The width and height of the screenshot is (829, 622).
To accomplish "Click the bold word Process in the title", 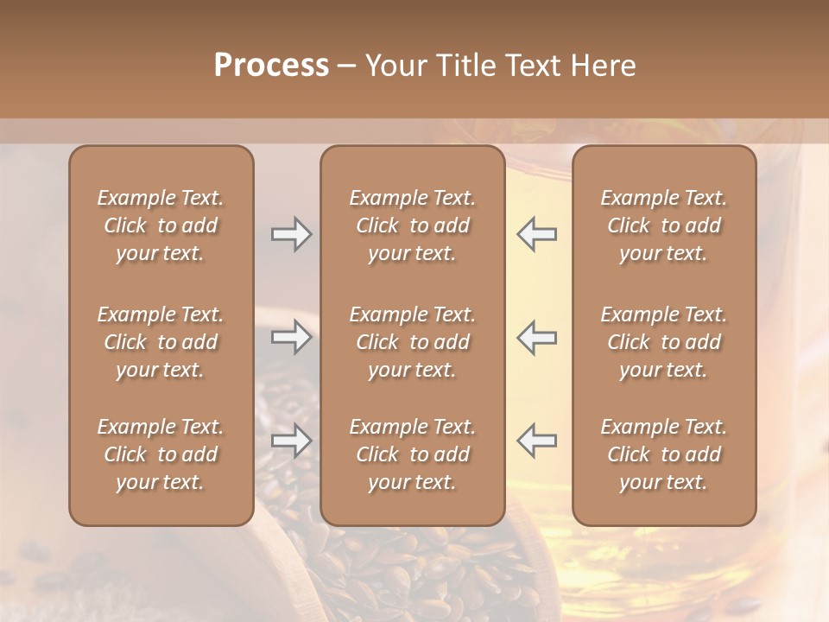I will pos(271,66).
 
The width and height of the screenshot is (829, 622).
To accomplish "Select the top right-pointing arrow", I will pos(291,234).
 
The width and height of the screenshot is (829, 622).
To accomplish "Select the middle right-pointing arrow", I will pos(291,337).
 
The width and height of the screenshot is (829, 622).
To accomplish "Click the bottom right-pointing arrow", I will pos(291,441).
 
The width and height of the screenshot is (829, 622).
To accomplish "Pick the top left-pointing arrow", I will pos(537,234).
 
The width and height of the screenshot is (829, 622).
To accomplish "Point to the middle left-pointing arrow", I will pos(537,337).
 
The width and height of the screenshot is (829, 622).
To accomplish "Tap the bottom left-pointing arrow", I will pos(537,441).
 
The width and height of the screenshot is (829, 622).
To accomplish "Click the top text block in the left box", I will pos(161,225).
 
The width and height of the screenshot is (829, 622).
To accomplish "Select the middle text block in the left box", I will pos(161,342).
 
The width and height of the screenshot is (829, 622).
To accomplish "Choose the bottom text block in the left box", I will pos(161,454).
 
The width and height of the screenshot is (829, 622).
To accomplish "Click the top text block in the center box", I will pos(412,225).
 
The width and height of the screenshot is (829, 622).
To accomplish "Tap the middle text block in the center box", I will pos(412,342).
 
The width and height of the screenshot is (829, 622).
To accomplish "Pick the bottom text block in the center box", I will pos(412,454).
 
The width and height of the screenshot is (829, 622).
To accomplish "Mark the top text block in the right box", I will pos(664,225).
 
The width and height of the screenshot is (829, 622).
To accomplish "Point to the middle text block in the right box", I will pos(664,342).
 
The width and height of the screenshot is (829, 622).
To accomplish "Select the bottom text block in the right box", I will pos(664,454).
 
